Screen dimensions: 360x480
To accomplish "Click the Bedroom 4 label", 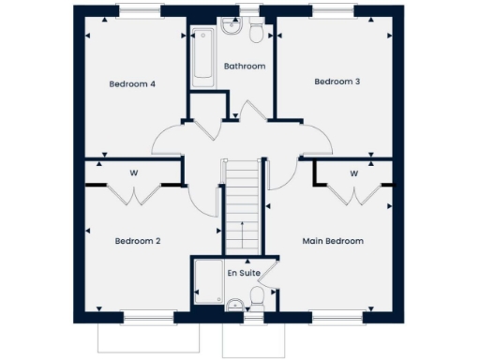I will click(x=132, y=84).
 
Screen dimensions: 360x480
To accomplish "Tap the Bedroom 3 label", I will click(x=337, y=82).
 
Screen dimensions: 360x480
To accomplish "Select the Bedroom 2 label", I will click(x=138, y=241).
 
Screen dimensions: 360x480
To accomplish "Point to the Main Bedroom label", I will click(x=333, y=241).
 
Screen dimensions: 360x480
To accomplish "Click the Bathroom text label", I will click(x=244, y=66).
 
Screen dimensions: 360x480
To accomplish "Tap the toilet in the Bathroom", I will click(x=255, y=33).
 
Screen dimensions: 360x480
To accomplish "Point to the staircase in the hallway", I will click(x=243, y=202).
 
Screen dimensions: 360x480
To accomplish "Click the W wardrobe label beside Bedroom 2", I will click(x=134, y=172).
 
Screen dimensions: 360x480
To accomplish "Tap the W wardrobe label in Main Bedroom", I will click(x=354, y=173).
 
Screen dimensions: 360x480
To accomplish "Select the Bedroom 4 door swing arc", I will click(x=167, y=141).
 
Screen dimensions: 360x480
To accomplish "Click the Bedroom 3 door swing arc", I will click(x=319, y=141).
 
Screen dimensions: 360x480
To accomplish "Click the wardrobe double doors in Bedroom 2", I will click(x=135, y=194).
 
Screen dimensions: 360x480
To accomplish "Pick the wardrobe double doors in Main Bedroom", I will click(x=354, y=194).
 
